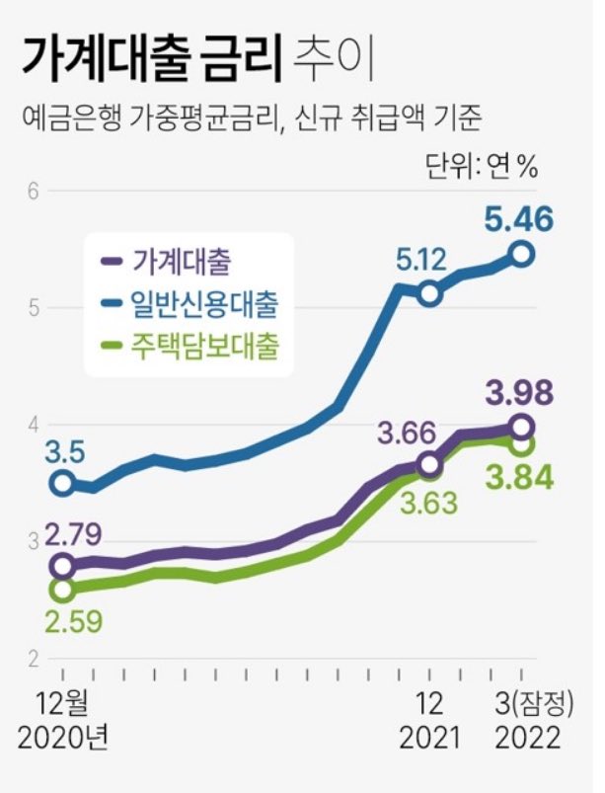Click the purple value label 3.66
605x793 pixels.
coord(408,432)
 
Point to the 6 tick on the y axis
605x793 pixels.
coord(33,191)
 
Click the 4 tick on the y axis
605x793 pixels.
coord(33,425)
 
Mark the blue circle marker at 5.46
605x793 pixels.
coord(523,255)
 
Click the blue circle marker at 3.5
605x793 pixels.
coord(63,483)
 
